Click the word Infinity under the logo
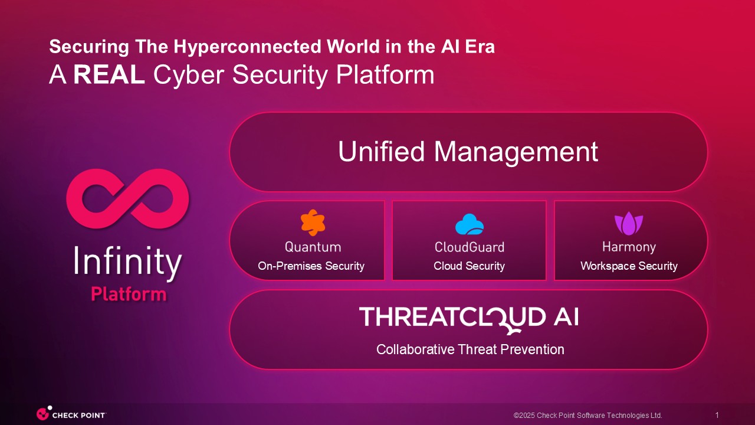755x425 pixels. (x=127, y=262)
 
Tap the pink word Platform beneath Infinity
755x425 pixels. (x=129, y=294)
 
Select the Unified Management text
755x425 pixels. (x=468, y=152)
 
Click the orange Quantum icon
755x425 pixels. (x=313, y=223)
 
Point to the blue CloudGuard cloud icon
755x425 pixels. (x=470, y=224)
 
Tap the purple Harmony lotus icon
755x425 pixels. (x=629, y=223)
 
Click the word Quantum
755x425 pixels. (x=313, y=247)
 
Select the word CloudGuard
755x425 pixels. (x=470, y=247)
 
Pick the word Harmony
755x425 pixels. (x=629, y=247)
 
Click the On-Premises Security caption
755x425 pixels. (x=311, y=266)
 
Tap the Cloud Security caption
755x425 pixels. (x=469, y=266)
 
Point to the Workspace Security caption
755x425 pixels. (x=629, y=266)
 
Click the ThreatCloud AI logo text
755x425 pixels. (x=469, y=318)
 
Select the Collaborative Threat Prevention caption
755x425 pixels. (x=470, y=350)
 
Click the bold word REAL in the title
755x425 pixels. (x=109, y=74)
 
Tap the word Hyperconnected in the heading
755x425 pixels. (x=247, y=47)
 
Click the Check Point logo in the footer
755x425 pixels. (x=71, y=414)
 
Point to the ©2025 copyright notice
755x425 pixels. (x=588, y=415)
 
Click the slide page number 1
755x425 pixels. (x=717, y=415)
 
